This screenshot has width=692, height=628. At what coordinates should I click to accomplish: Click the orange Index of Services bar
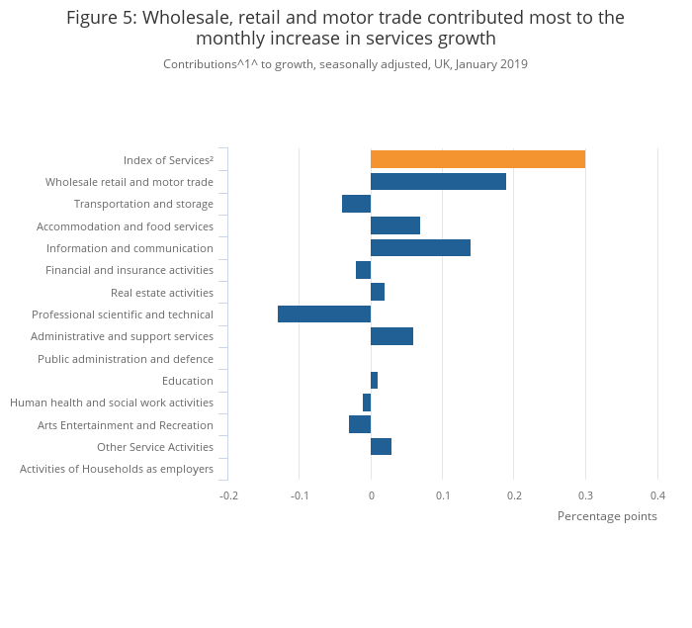[x=477, y=159]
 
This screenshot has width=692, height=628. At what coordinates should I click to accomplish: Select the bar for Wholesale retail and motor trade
[x=438, y=182]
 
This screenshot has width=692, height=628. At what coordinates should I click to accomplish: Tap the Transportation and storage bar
[x=356, y=204]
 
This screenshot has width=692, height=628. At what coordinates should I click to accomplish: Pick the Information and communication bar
[x=420, y=248]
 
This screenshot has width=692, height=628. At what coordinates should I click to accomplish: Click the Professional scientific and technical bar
[x=324, y=314]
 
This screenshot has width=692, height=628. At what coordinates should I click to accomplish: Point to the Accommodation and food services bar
[x=395, y=225]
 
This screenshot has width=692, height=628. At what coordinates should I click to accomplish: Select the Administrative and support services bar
[x=391, y=336]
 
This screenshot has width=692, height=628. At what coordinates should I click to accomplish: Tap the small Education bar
[x=374, y=381]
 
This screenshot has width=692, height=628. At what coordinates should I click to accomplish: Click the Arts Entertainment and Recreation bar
[x=360, y=424]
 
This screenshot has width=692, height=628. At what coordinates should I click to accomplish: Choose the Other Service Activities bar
[x=381, y=447]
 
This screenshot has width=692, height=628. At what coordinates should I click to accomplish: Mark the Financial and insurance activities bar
[x=363, y=270]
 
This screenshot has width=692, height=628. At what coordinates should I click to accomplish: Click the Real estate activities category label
[x=162, y=293]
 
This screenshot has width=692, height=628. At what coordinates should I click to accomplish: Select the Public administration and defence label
[x=126, y=359]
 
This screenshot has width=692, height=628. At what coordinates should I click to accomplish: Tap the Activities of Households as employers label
[x=117, y=469]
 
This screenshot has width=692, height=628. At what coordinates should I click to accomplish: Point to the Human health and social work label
[x=112, y=403]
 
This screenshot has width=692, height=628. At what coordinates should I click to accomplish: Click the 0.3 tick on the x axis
[x=585, y=495]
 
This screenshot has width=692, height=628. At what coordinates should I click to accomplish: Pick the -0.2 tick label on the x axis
[x=228, y=495]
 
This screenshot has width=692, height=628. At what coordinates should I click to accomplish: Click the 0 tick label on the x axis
[x=371, y=495]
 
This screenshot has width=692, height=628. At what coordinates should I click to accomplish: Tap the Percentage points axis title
[x=607, y=516]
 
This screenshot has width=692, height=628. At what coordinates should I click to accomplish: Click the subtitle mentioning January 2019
[x=345, y=64]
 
